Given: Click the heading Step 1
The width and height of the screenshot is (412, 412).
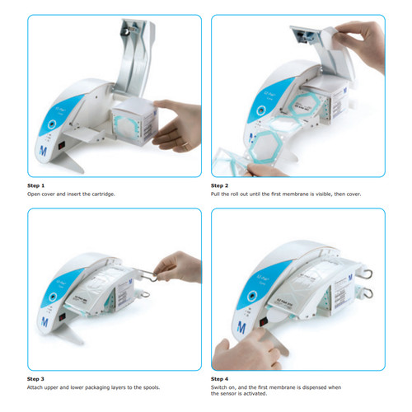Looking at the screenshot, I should pos(38,186).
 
